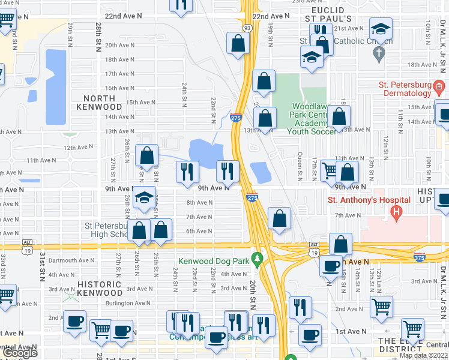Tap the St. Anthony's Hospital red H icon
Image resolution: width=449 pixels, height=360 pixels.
[x=396, y=212]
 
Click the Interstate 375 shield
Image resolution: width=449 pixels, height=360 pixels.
[x=419, y=257]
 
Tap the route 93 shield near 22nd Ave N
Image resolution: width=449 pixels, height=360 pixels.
[x=247, y=27]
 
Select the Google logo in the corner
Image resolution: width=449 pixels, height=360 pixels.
[x=20, y=353]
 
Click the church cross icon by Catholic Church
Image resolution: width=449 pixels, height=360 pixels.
[x=378, y=55]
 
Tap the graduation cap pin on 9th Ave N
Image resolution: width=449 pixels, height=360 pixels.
[x=143, y=198]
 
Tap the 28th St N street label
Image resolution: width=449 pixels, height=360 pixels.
[x=97, y=38]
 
